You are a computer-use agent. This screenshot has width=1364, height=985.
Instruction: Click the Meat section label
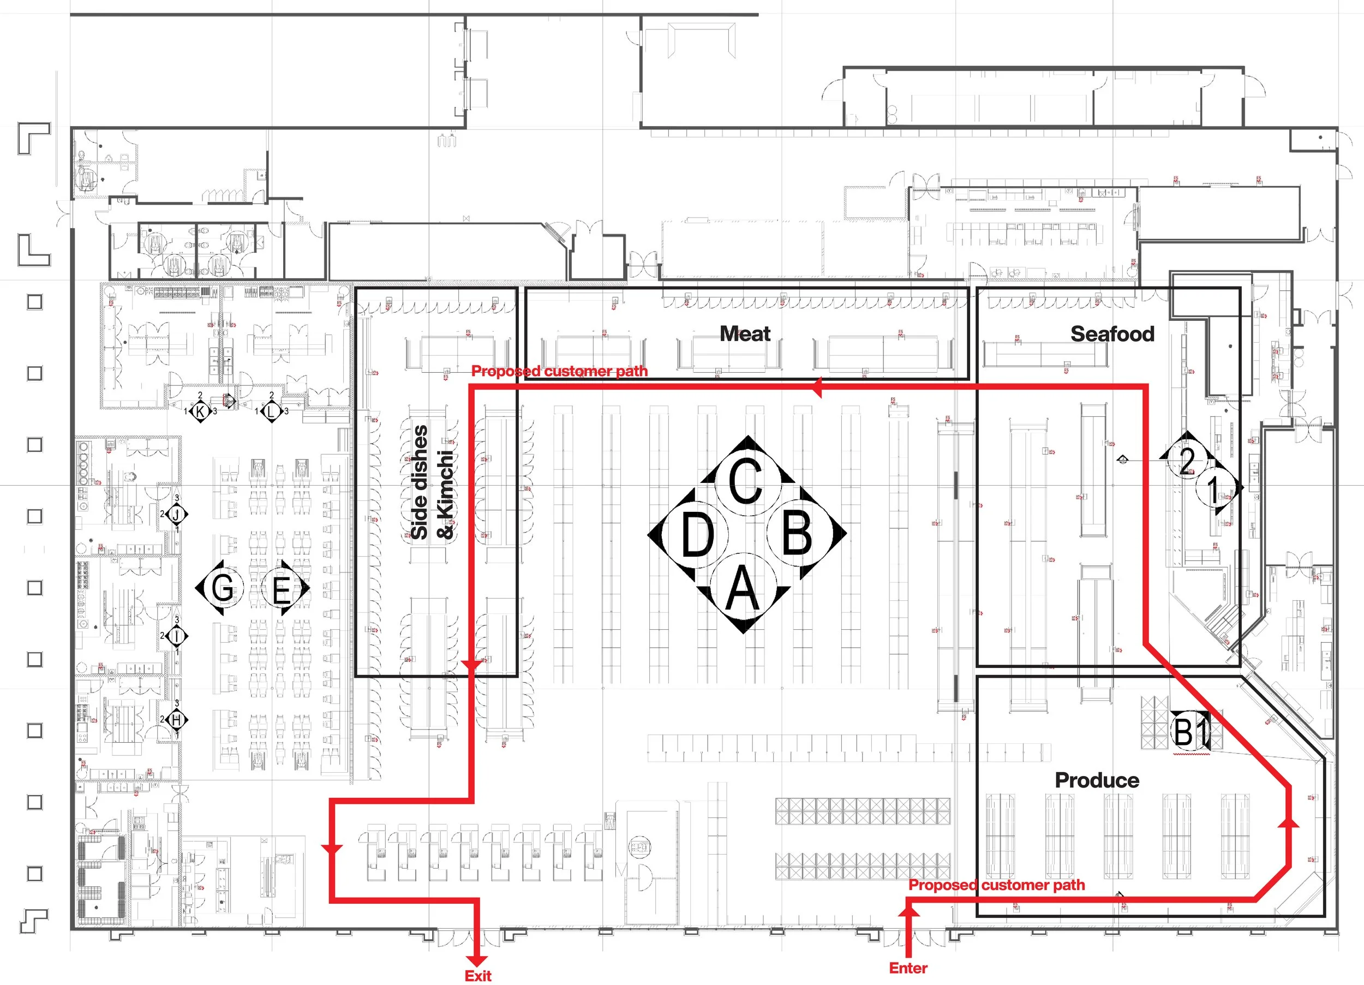(745, 334)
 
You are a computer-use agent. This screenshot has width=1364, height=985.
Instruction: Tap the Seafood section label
(1112, 334)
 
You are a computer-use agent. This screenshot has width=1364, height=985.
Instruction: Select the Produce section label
(1097, 780)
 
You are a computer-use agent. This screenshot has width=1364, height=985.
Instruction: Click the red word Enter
(908, 968)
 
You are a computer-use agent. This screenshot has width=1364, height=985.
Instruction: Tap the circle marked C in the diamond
(746, 481)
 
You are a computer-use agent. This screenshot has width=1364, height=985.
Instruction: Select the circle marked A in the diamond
(743, 588)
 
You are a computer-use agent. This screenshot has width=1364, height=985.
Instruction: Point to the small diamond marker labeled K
(200, 411)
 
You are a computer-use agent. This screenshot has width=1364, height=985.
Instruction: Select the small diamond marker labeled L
(271, 411)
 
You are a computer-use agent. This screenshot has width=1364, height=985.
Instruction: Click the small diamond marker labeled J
(177, 515)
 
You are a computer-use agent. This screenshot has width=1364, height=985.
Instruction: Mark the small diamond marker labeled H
(177, 719)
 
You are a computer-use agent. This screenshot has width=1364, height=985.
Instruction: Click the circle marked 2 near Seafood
(1187, 462)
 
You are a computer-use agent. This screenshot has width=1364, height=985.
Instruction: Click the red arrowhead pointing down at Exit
(477, 959)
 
